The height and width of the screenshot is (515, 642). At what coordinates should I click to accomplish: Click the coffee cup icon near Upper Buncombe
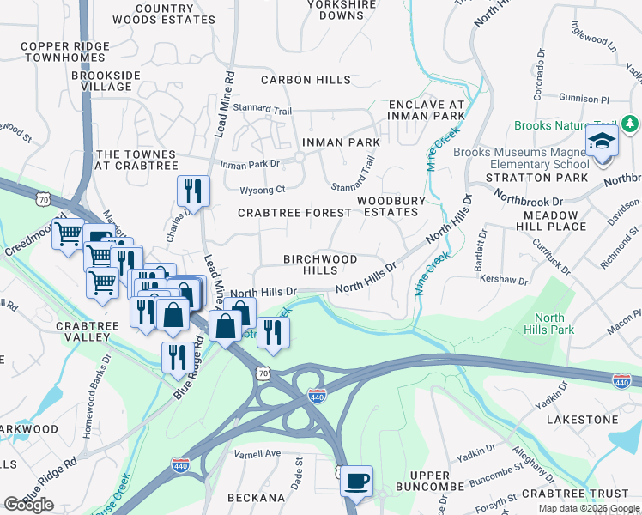click(356, 482)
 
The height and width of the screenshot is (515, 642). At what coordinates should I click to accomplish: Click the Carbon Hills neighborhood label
click(306, 80)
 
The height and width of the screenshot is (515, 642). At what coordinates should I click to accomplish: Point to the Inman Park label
click(340, 142)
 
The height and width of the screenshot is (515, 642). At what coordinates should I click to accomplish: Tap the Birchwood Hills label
click(322, 264)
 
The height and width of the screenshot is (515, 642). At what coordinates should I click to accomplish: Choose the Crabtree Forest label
click(294, 212)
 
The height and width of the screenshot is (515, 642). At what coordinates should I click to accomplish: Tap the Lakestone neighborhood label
click(583, 420)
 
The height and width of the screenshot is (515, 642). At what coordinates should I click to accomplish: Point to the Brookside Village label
click(106, 82)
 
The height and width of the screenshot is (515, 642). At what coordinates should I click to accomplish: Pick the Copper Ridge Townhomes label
click(66, 51)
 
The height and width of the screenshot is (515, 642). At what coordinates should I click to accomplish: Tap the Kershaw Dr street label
click(504, 280)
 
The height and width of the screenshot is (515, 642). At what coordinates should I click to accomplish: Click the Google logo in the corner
click(28, 505)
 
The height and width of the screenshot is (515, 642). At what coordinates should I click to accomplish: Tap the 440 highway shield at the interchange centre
click(316, 393)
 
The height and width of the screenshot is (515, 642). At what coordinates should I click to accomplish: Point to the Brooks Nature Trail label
click(566, 125)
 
